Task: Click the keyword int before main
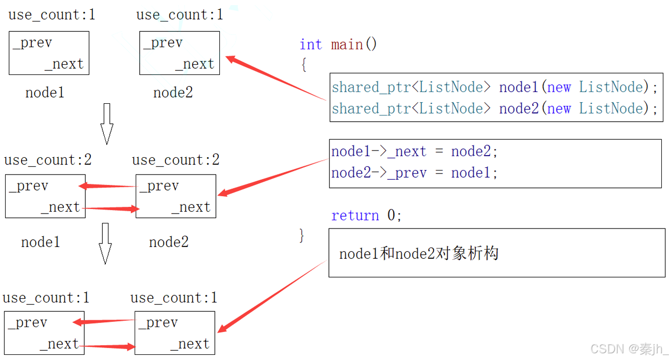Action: point(311,45)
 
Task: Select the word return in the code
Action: point(355,216)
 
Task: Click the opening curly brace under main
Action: point(304,65)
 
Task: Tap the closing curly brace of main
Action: point(302,236)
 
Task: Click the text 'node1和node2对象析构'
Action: point(419,254)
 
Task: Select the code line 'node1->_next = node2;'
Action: point(415,152)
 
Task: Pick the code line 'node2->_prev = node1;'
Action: point(415,173)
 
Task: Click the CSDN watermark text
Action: point(629,349)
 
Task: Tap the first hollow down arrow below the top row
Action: point(106,123)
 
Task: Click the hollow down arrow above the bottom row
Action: point(105,243)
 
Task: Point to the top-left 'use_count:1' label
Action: point(52,15)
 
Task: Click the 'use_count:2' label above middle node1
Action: point(48,160)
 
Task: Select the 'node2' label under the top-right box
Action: point(173,93)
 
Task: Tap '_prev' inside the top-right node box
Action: point(163,43)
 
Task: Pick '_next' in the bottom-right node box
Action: point(190,344)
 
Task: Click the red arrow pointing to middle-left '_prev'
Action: point(108,186)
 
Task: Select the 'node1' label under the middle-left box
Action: point(41,242)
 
